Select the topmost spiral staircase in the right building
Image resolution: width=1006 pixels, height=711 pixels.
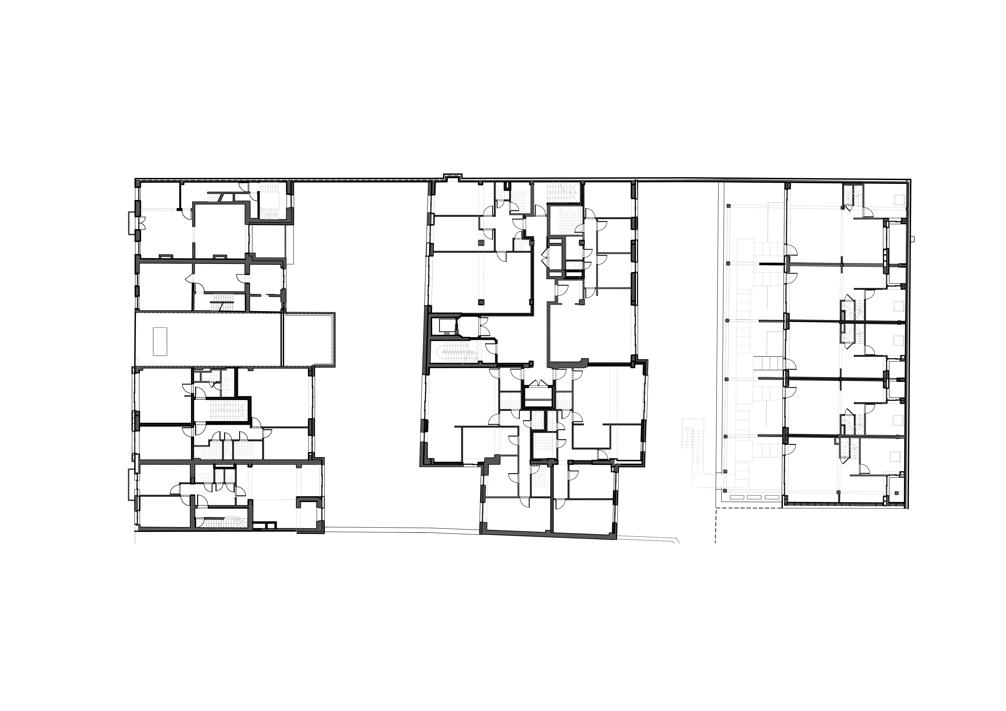tap(853, 195)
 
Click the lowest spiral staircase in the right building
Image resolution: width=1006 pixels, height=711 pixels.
tap(850, 449)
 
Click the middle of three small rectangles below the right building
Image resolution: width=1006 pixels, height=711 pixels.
tap(754, 497)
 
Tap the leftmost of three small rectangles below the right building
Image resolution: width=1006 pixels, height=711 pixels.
tap(736, 497)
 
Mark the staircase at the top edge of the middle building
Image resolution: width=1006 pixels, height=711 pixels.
tap(564, 192)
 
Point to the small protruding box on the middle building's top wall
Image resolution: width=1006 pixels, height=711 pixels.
tap(453, 178)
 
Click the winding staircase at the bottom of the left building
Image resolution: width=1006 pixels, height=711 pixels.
tap(227, 522)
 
